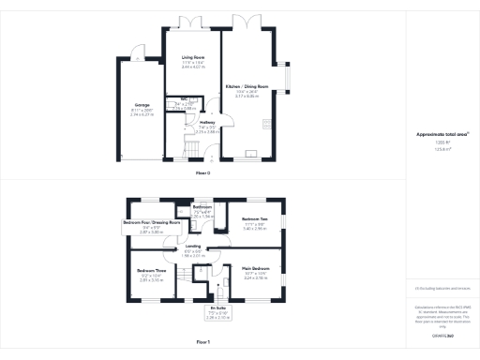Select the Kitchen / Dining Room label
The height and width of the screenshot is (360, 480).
[246, 86]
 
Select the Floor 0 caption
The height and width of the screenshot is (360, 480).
[202, 174]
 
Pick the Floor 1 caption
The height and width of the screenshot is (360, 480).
[202, 343]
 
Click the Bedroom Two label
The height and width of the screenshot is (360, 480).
[255, 218]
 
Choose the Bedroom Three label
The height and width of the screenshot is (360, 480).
[151, 269]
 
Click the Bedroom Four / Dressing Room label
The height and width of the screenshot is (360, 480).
[151, 223]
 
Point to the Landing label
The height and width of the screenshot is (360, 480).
[192, 247]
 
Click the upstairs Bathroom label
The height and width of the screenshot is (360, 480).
[202, 206]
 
